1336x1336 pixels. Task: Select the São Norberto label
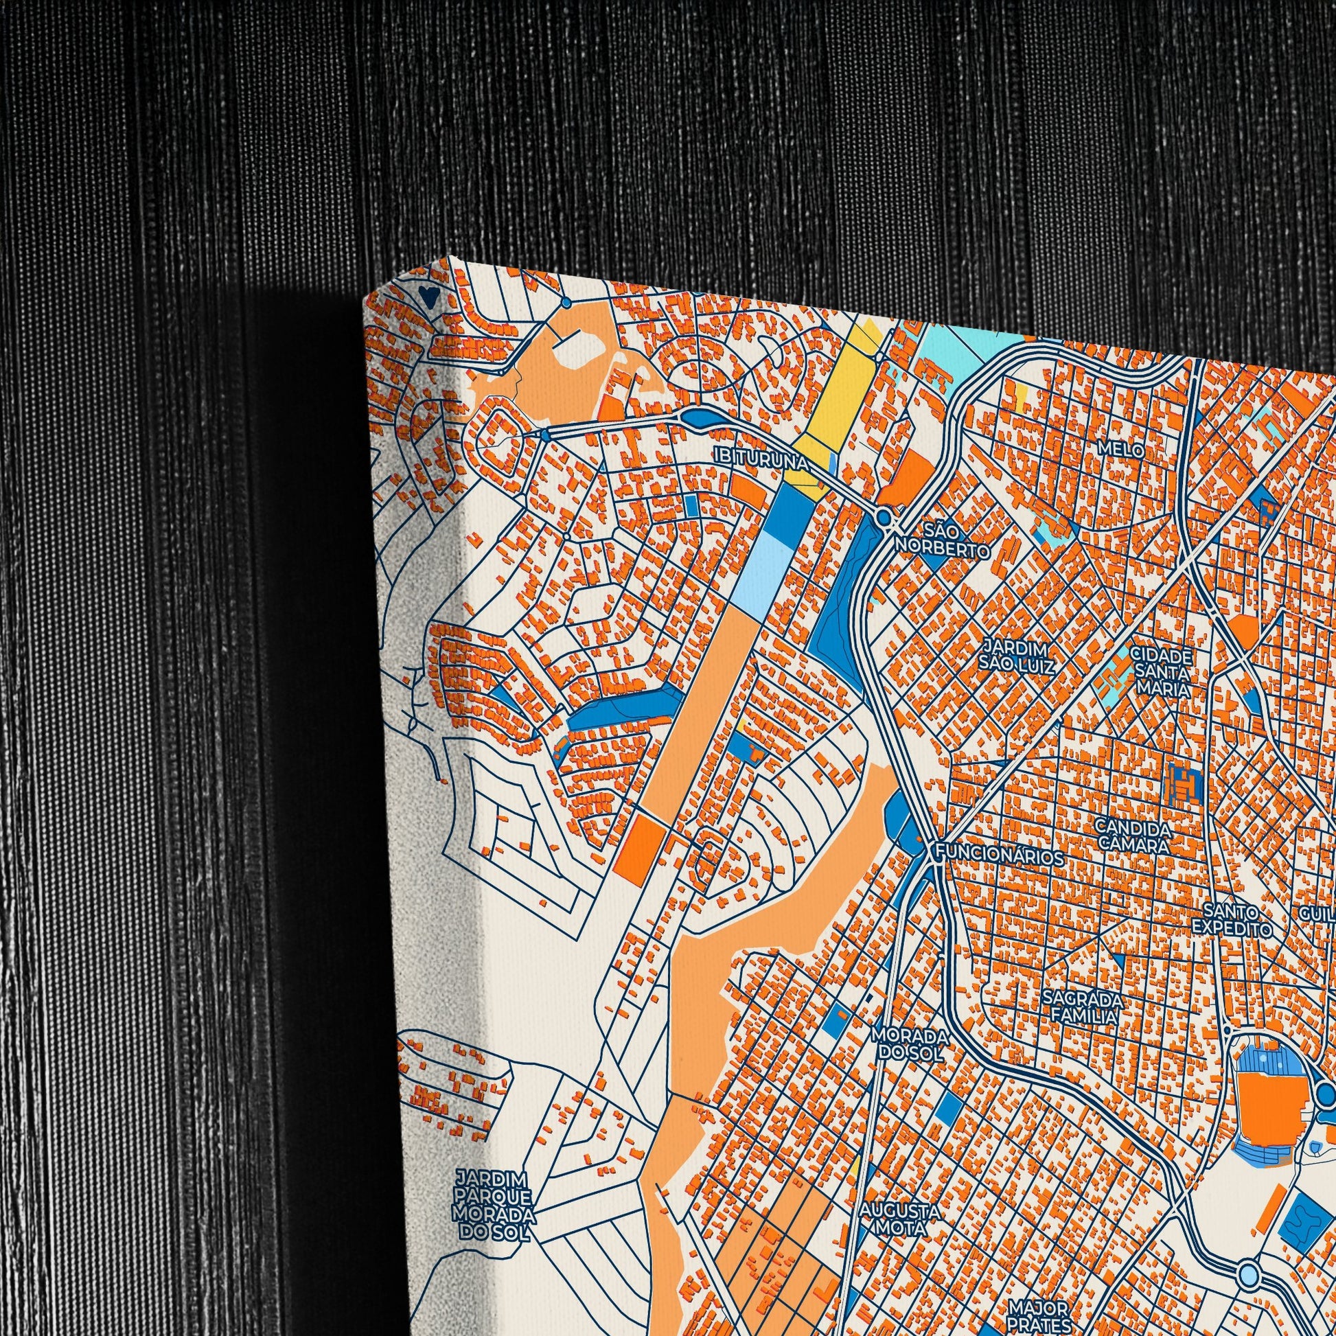943,542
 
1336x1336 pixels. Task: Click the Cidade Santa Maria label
1161,671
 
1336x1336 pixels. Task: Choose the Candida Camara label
1132,837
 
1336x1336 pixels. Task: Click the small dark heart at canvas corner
428,298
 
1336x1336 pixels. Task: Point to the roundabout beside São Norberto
883,517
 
